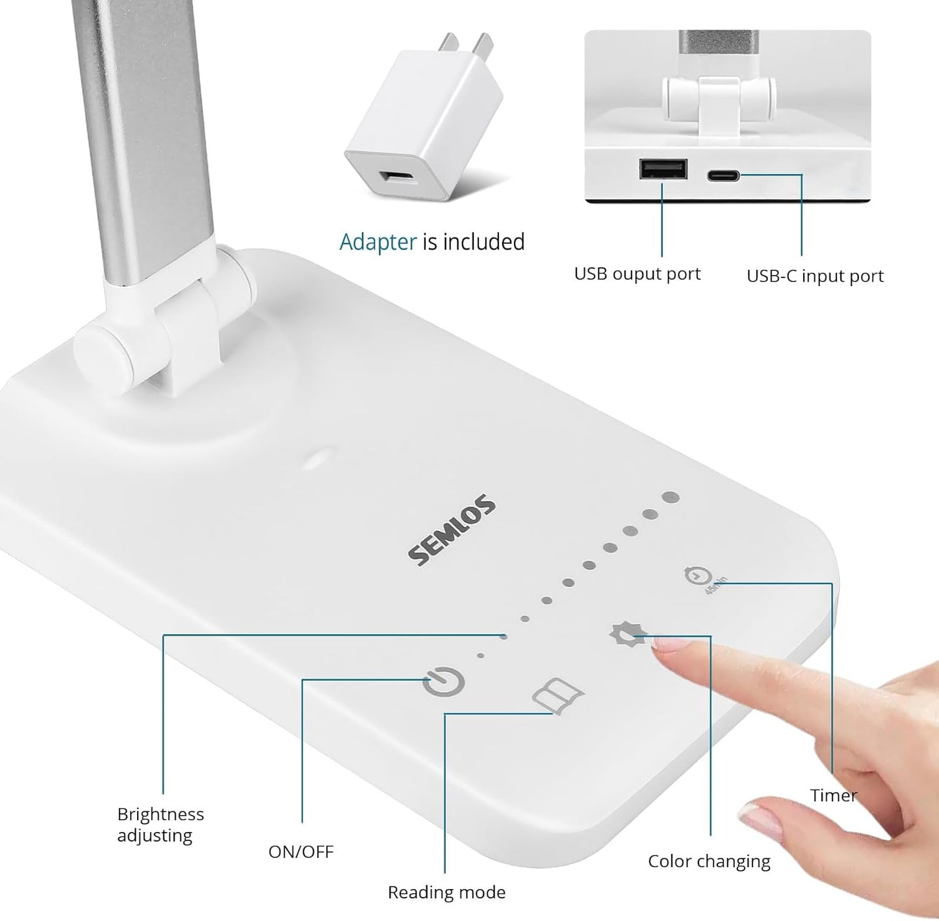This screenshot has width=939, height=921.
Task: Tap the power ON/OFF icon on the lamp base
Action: point(444,682)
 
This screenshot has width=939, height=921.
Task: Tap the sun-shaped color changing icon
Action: point(628,634)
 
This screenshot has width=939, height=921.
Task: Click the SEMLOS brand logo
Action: point(452,531)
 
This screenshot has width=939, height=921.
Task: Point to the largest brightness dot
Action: point(671,498)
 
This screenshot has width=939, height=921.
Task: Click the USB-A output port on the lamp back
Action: point(663,169)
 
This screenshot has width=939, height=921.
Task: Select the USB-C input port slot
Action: point(723,175)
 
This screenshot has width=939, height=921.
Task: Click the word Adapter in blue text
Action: point(378,242)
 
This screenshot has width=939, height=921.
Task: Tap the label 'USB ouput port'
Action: point(637,274)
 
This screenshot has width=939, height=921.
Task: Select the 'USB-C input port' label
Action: point(814,276)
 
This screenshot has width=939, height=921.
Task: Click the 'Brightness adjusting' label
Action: point(160,824)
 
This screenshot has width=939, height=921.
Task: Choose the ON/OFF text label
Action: point(301,851)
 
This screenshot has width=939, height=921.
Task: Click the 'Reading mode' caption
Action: point(446,892)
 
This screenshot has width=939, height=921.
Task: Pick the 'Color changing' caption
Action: point(709,861)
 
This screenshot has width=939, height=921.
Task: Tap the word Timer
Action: point(833,796)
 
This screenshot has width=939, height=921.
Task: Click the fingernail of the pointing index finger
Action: point(669,645)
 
